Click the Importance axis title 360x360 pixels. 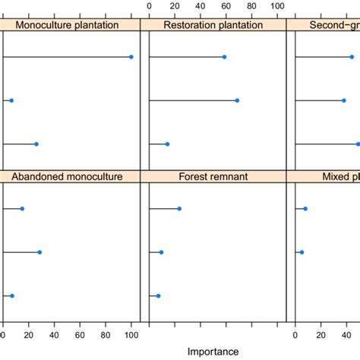[213, 351]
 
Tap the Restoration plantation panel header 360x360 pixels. [213, 25]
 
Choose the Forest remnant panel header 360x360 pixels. [213, 177]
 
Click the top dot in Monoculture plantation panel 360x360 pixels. [131, 57]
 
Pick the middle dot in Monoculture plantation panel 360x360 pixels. [11, 100]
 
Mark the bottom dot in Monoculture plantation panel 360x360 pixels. [36, 144]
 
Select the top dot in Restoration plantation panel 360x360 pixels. [224, 57]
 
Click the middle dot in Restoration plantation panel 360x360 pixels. [237, 100]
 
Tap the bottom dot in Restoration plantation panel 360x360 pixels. [167, 144]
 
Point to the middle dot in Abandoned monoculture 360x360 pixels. [39, 252]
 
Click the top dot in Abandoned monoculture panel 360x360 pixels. [22, 209]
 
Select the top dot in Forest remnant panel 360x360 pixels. [179, 209]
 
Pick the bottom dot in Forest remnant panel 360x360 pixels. [158, 295]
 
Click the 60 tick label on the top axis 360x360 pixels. [226, 6]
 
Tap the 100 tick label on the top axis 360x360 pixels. [277, 6]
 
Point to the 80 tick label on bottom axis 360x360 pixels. [106, 332]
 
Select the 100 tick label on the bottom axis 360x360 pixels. [131, 332]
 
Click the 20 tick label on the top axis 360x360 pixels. [175, 6]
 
